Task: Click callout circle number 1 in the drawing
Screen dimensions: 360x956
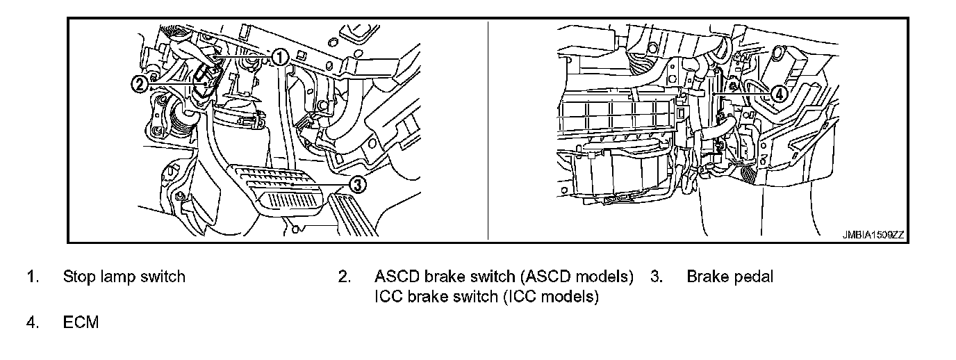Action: [x=279, y=57]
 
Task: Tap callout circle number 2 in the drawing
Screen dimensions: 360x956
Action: [x=139, y=84]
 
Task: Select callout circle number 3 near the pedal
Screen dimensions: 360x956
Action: [x=356, y=184]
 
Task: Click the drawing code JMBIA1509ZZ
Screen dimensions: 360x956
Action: [x=872, y=236]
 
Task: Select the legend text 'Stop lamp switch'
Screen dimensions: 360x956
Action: [x=124, y=277]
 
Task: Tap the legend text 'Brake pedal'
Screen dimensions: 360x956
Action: [x=730, y=277]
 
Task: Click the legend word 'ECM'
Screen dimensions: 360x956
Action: [x=81, y=322]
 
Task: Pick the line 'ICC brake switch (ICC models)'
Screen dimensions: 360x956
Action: [x=486, y=297]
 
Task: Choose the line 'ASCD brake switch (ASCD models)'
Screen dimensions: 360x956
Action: [x=504, y=277]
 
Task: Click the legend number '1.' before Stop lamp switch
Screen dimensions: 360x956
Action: [x=32, y=277]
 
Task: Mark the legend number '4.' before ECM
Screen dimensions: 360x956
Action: [x=32, y=322]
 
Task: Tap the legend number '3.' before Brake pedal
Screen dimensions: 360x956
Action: [x=656, y=277]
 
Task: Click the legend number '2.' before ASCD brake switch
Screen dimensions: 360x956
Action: [x=344, y=277]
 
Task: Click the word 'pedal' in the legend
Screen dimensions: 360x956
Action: [x=752, y=277]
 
